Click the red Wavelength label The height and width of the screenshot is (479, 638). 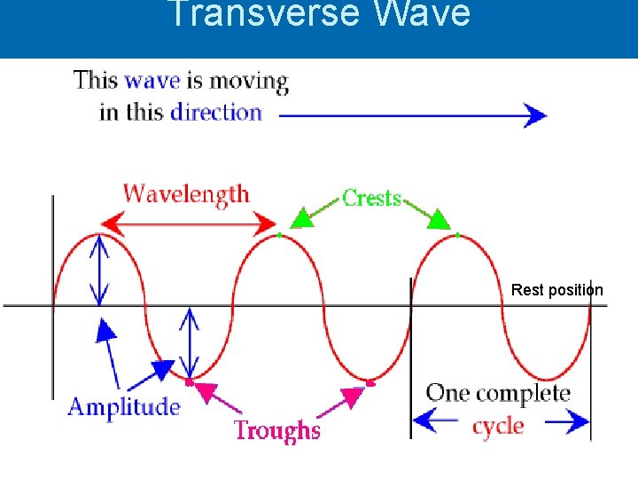(186, 194)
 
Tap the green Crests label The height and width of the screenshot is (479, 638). (372, 198)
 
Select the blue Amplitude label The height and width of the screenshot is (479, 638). (124, 407)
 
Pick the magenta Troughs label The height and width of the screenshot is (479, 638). (276, 430)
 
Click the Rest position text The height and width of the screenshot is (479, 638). (556, 290)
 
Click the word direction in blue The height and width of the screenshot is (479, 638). (216, 113)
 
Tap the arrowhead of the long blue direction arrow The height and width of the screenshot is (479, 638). (534, 115)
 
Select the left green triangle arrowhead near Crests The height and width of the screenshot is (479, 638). (303, 216)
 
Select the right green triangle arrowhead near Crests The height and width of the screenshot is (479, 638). (439, 218)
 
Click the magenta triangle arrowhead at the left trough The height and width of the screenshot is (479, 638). (206, 389)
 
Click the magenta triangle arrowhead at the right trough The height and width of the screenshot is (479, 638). (352, 397)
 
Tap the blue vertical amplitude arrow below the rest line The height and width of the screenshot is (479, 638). (190, 343)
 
